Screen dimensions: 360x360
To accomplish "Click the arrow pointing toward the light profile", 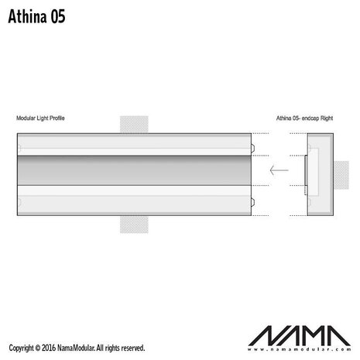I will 279,170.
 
